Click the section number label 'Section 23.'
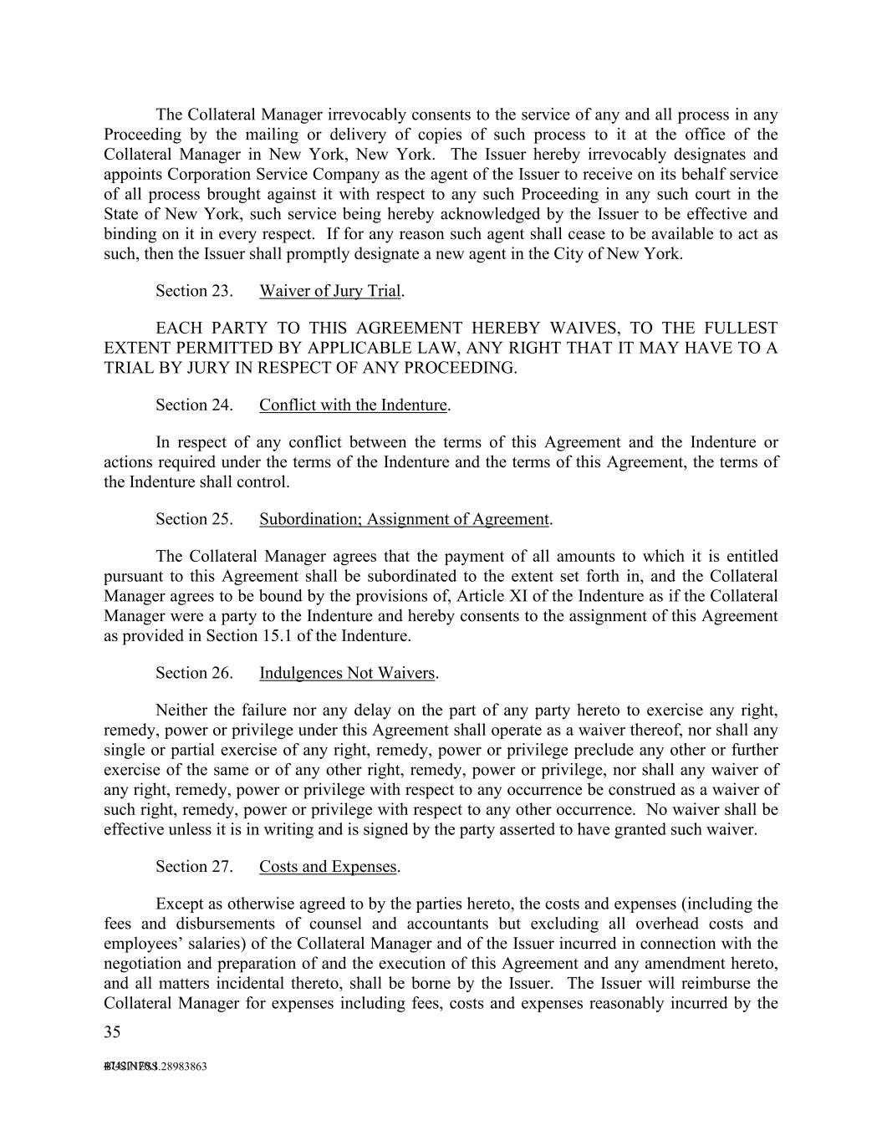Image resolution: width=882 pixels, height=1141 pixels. pos(194,291)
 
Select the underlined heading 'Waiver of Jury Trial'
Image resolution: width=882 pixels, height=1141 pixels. pos(330,291)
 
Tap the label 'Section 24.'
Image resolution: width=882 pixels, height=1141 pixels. pos(194,405)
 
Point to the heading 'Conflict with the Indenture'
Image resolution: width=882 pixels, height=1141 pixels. pos(353,405)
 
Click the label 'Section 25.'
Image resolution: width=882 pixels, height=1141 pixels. pos(194,519)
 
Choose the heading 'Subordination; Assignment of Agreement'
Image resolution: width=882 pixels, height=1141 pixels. pos(404,519)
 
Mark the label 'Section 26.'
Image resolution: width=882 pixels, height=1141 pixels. pos(194,673)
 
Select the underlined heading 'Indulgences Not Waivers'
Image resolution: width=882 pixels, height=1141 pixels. pos(347,673)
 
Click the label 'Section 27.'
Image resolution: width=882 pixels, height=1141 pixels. pos(194,867)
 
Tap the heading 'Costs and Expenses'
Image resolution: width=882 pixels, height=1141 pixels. pos(328,867)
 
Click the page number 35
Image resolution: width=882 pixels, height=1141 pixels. pos(112,1032)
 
